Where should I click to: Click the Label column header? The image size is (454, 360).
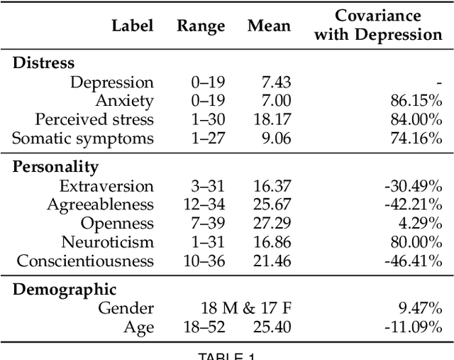click(132, 26)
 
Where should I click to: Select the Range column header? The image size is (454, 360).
click(201, 26)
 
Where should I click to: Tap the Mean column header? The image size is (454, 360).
click(269, 26)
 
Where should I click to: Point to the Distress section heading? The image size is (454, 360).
click(43, 63)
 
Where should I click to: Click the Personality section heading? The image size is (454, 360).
click(55, 168)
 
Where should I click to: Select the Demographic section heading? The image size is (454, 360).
click(65, 290)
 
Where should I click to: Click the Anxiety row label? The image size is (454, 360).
click(124, 101)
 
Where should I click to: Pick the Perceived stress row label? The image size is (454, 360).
click(94, 119)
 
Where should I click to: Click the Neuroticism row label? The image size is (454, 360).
click(106, 242)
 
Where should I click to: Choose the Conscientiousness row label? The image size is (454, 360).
click(85, 261)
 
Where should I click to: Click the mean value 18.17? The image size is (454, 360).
click(272, 119)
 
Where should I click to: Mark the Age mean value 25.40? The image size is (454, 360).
click(272, 327)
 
